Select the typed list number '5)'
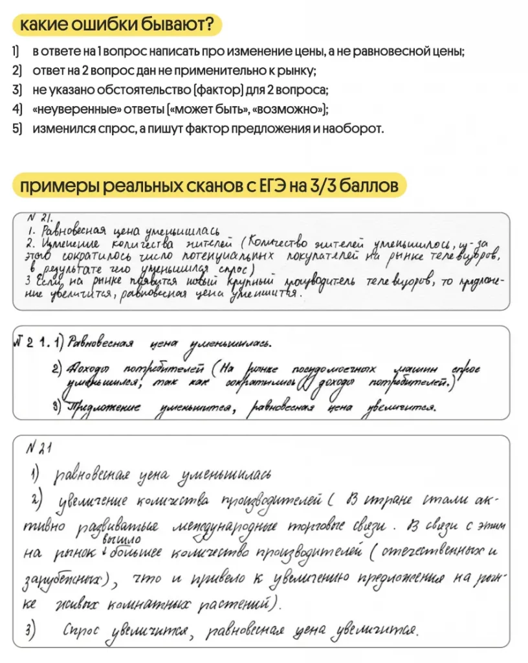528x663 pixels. [x=17, y=128]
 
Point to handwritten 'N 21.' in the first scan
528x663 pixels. [x=40, y=218]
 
